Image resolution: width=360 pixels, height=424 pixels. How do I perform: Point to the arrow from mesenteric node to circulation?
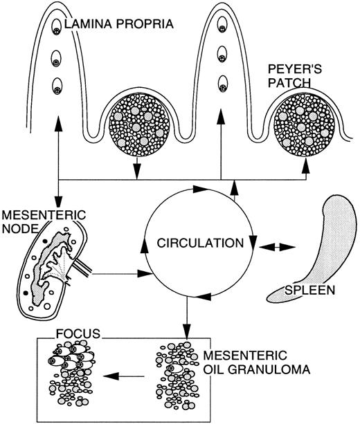point(120,275)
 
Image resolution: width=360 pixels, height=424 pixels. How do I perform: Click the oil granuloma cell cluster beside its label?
point(178,374)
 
